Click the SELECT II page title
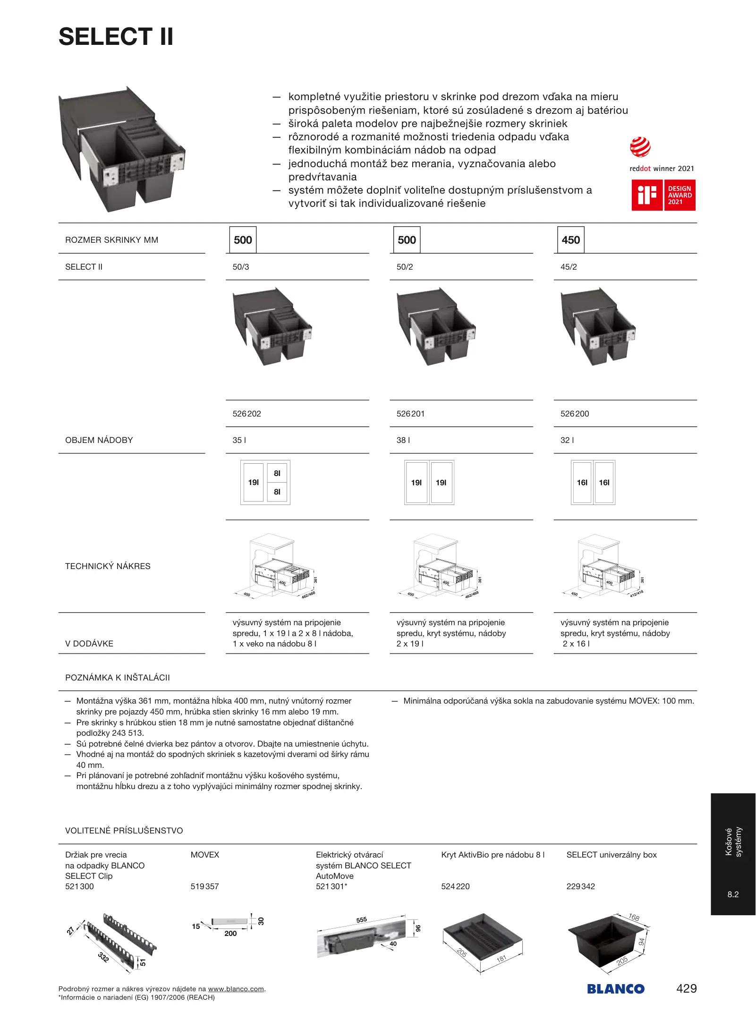116,37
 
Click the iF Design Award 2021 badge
663,195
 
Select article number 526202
246,414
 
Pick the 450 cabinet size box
570,240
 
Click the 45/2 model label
569,267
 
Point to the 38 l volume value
403,440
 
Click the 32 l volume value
567,440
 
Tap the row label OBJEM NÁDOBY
99,440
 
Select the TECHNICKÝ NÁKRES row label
108,566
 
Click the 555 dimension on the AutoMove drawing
362,920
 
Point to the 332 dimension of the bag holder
103,957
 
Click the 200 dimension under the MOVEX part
230,934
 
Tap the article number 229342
580,886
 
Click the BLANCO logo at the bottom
616,989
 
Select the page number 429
687,988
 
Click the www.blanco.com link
236,989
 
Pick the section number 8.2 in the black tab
733,894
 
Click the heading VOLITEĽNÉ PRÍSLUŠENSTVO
124,831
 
